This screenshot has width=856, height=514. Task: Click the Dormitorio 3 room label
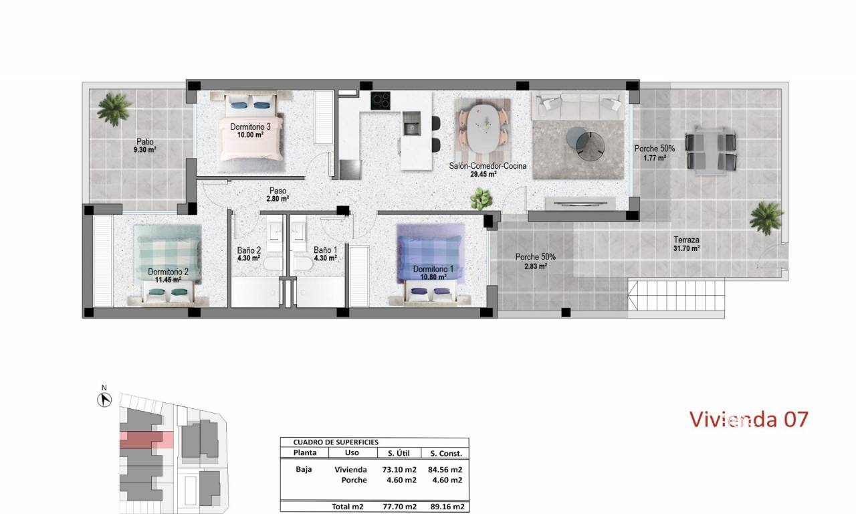tap(250, 126)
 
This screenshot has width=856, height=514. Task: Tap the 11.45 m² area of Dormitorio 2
tap(168, 280)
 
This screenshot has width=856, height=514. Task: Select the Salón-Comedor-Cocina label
tap(488, 166)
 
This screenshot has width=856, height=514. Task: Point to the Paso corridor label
tap(278, 191)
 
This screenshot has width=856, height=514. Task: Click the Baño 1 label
tap(326, 250)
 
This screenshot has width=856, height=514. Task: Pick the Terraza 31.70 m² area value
tap(687, 248)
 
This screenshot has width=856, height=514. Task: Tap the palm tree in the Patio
tap(113, 109)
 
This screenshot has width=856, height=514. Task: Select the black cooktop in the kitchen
tap(381, 100)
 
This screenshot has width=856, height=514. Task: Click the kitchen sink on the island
tap(411, 123)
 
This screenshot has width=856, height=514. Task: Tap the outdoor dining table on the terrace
tap(711, 151)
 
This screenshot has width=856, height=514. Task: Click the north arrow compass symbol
tap(104, 400)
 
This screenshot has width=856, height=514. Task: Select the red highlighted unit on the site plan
tap(146, 440)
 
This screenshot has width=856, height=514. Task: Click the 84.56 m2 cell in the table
tap(445, 470)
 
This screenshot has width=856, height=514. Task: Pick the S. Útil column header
tap(399, 453)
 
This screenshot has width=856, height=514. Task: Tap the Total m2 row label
tap(347, 507)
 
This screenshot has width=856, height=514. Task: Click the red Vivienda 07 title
tap(748, 419)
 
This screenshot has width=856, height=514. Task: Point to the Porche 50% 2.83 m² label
tap(536, 262)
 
